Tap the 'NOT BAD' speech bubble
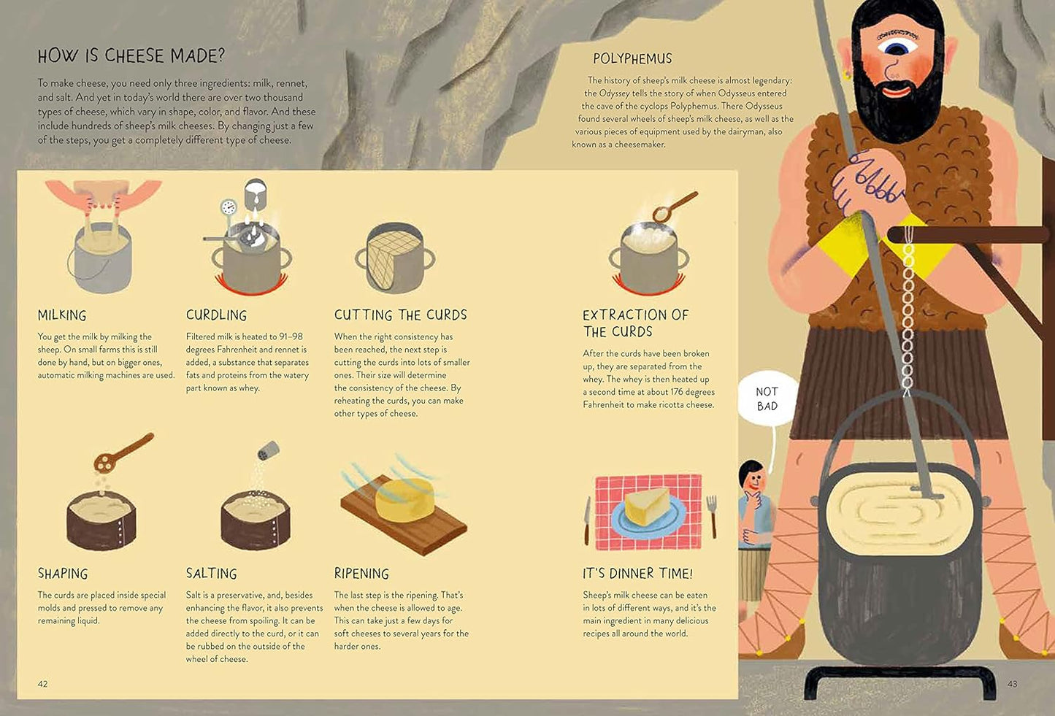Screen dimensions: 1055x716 767,399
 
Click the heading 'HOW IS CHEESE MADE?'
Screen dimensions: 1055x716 131,56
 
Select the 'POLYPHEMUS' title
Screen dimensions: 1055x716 632,58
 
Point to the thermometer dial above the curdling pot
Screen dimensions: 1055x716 229,207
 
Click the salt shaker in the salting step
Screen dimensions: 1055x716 268,450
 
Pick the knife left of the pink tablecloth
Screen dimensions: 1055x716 587,520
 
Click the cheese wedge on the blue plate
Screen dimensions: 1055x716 646,506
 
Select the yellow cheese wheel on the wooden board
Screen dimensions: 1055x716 406,499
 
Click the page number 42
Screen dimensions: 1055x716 42,684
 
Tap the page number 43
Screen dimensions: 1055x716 1012,684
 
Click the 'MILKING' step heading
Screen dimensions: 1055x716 62,315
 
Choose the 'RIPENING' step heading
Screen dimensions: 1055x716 361,574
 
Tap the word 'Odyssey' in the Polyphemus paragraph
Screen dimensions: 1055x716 614,93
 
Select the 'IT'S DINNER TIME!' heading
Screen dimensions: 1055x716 637,574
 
